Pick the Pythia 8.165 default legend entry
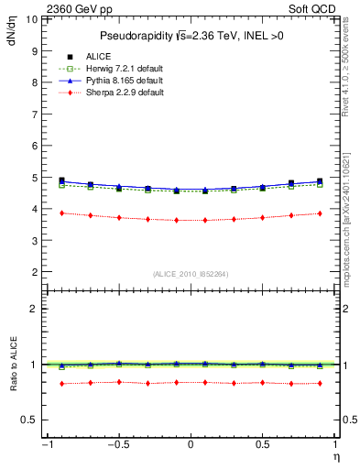[114, 81]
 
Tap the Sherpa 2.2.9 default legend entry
[115, 93]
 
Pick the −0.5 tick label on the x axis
[117, 446]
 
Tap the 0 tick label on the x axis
[191, 446]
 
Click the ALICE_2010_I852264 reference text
[191, 274]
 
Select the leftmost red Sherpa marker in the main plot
[61, 213]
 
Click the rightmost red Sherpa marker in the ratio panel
[320, 383]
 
